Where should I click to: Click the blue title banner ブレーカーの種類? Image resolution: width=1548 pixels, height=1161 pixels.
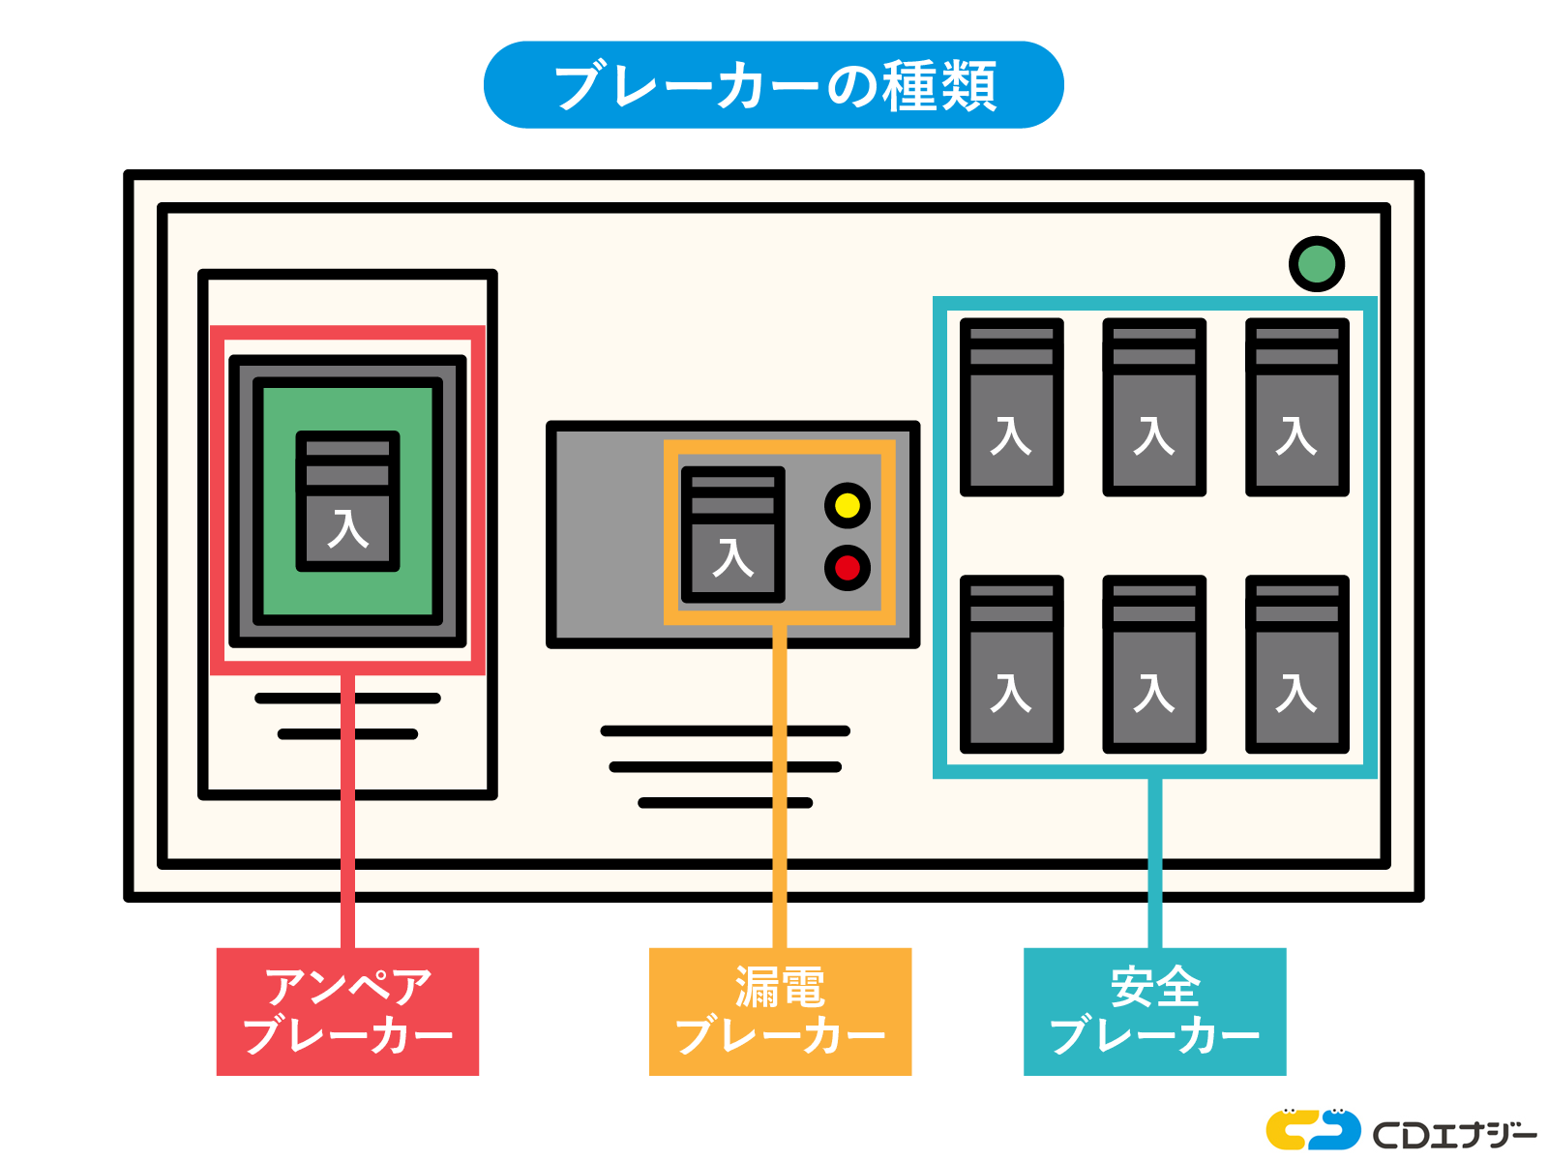[x=774, y=85]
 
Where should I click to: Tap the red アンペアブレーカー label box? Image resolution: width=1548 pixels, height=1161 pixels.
[x=347, y=1011]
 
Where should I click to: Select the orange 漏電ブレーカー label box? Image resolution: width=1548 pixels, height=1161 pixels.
[x=780, y=1011]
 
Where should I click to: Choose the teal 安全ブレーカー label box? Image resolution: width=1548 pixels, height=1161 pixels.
[x=1154, y=1011]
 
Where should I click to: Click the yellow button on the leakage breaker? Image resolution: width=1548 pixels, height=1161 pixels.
[x=848, y=505]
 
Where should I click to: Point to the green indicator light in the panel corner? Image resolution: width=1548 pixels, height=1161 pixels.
[x=1316, y=264]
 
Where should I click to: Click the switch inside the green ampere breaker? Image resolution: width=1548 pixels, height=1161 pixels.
[x=347, y=501]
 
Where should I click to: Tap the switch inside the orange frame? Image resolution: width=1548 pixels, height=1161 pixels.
[x=732, y=534]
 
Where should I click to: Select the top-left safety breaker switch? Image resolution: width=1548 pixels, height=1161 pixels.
[x=1011, y=407]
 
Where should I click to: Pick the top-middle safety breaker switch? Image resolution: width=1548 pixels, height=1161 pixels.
[x=1154, y=407]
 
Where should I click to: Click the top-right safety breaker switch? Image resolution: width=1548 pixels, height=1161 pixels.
[x=1296, y=407]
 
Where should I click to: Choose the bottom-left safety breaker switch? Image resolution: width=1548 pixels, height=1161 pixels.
[x=1011, y=665]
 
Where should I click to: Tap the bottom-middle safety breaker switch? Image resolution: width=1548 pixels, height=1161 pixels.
[x=1154, y=665]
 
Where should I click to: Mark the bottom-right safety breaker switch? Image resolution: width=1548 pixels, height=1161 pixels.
[x=1296, y=665]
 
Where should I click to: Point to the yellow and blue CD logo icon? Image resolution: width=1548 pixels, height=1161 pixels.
[x=1313, y=1129]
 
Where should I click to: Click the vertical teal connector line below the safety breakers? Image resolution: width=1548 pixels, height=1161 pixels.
[x=1154, y=861]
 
